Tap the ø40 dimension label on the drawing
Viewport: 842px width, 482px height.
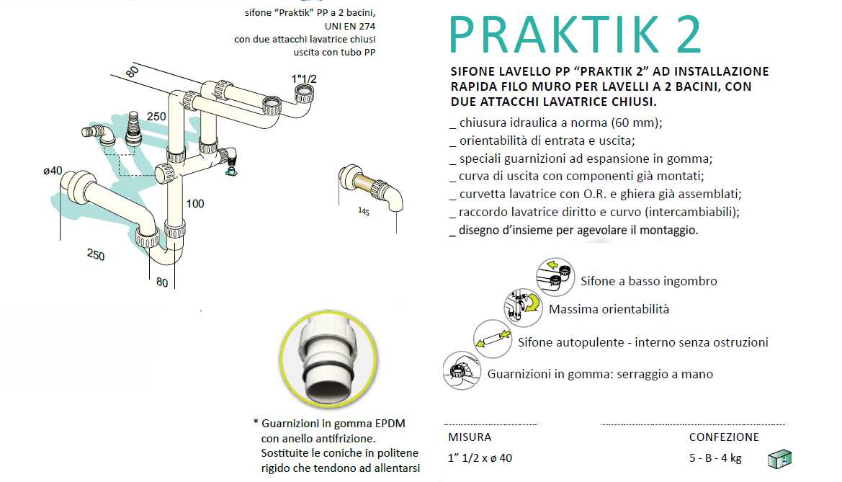[x=53, y=171]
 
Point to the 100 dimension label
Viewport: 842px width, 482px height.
[x=194, y=204]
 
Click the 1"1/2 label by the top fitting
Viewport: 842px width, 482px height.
[x=305, y=79]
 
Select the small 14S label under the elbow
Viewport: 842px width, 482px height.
[x=364, y=211]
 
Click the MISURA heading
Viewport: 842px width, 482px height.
[x=470, y=437]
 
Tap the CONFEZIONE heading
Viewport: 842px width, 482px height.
[x=724, y=437]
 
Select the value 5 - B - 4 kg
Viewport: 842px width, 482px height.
[x=715, y=458]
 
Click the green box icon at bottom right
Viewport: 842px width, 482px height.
[x=779, y=458]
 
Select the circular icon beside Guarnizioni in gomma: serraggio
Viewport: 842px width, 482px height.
[x=462, y=371]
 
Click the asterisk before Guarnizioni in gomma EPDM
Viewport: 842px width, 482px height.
[x=256, y=423]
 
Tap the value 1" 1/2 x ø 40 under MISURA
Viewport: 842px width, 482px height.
[x=480, y=458]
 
